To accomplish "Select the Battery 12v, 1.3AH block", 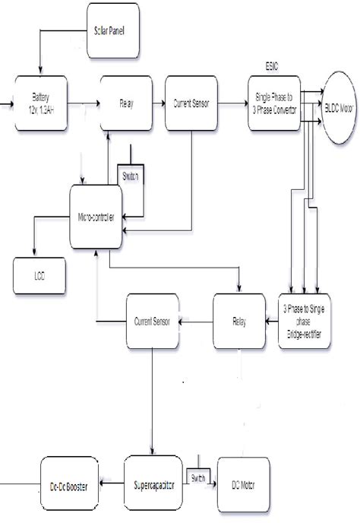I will click(x=41, y=103).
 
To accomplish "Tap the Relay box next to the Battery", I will click(x=127, y=103).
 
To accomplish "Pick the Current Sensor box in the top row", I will click(x=193, y=103).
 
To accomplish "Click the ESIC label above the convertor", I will click(x=270, y=66).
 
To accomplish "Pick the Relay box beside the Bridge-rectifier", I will click(x=239, y=320).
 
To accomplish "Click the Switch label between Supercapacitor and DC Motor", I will click(x=198, y=477).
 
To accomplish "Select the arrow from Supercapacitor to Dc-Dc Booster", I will click(x=111, y=483).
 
